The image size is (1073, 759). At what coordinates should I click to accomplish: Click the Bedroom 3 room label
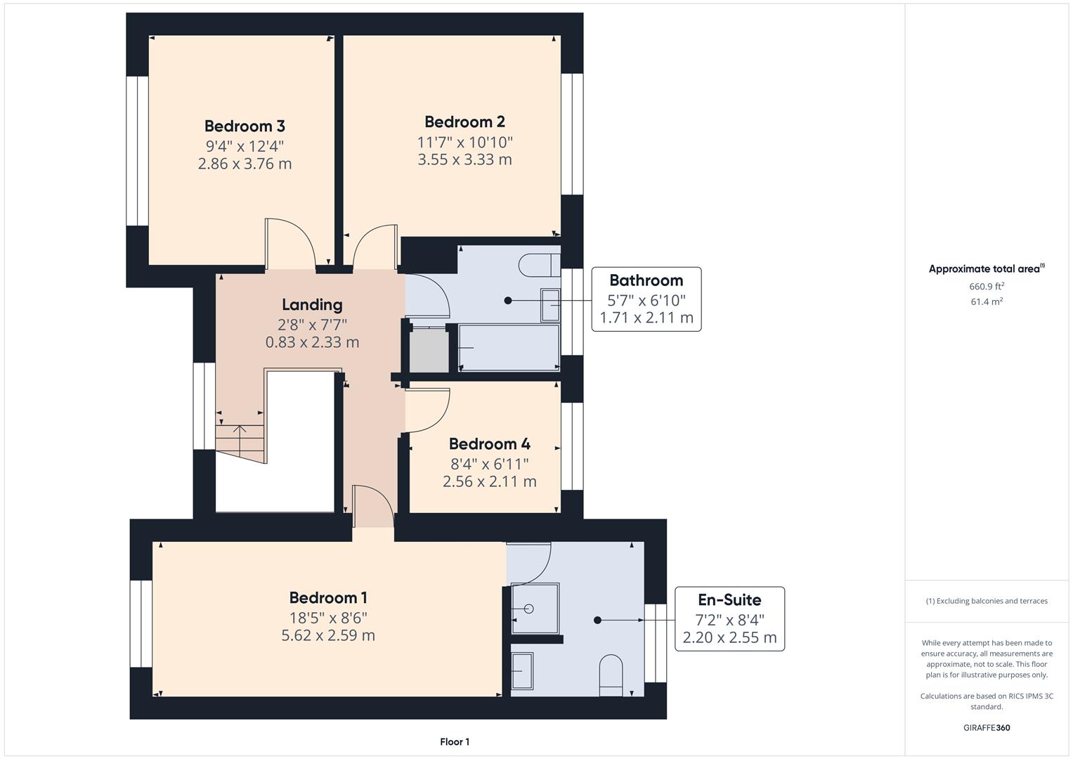click(245, 126)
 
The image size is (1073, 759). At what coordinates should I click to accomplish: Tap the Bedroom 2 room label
click(464, 122)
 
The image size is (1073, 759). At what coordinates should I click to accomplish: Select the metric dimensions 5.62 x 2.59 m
click(328, 636)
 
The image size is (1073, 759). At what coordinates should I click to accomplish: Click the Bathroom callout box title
click(646, 280)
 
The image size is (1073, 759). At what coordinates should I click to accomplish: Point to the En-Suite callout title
click(729, 600)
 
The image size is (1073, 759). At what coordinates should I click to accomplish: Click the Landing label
click(312, 305)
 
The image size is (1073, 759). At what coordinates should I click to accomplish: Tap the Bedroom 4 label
click(489, 444)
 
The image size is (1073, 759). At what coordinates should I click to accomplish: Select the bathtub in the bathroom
click(509, 347)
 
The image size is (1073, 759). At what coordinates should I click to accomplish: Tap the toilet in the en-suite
click(611, 675)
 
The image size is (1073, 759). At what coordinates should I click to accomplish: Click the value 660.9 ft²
click(986, 286)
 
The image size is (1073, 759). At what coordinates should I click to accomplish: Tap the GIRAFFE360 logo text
click(986, 728)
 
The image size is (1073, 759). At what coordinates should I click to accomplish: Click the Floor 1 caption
click(455, 742)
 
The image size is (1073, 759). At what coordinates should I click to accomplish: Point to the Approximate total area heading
click(986, 269)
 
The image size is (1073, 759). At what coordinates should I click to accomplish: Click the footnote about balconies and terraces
click(986, 601)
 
